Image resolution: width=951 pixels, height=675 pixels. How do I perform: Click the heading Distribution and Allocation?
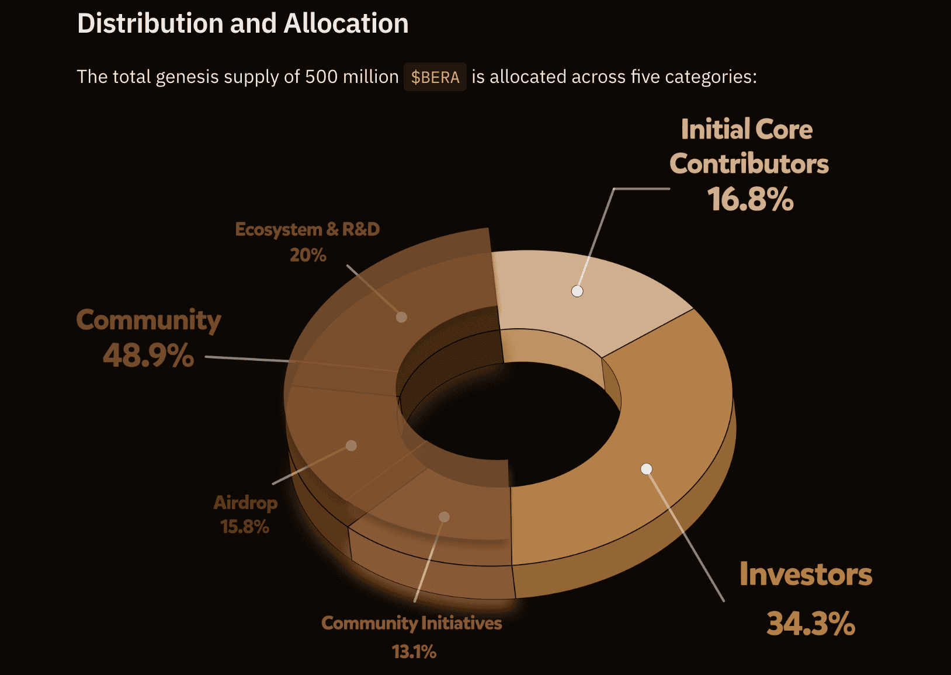(x=242, y=23)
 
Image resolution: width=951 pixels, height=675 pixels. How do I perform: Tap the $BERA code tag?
(x=435, y=77)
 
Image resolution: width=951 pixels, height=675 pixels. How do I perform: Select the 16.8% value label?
(x=750, y=199)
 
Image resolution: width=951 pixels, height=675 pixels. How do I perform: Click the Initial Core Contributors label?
(x=748, y=147)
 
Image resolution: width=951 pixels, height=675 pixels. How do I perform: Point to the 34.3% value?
(x=811, y=624)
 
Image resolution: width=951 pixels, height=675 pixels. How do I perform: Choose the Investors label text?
(x=806, y=574)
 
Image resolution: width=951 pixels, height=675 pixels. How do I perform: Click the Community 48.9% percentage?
(x=148, y=355)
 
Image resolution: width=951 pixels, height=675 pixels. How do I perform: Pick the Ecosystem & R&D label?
(x=307, y=229)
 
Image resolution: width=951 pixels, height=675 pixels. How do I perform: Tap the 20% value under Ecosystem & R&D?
(x=308, y=255)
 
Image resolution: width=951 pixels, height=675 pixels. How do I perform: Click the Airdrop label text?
(x=245, y=503)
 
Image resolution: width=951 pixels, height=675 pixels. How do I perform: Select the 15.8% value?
(x=245, y=527)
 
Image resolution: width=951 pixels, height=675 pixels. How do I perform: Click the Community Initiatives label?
(x=411, y=623)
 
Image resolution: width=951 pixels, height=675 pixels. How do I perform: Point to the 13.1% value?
(x=414, y=652)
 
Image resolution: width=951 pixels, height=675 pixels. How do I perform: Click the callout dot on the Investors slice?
(x=646, y=469)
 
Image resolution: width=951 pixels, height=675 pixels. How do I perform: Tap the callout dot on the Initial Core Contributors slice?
(x=577, y=291)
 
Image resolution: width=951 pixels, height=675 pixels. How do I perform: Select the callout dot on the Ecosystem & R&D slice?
(x=401, y=317)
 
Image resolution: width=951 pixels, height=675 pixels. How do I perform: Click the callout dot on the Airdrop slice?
(x=351, y=446)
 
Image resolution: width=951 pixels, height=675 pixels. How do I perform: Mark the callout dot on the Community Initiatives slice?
(x=444, y=517)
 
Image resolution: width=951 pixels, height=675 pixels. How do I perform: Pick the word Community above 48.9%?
(x=148, y=320)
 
